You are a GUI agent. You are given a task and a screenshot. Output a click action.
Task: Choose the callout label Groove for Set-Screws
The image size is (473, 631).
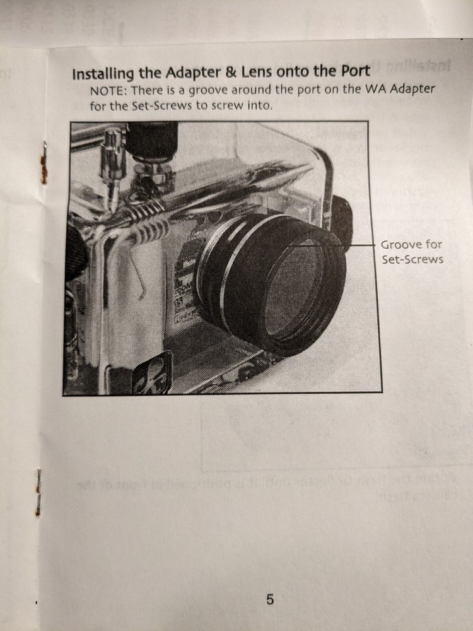[412, 252]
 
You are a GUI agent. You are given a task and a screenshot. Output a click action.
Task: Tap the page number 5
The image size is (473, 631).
[270, 599]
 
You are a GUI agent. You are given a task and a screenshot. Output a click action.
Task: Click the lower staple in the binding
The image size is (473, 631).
[38, 492]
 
